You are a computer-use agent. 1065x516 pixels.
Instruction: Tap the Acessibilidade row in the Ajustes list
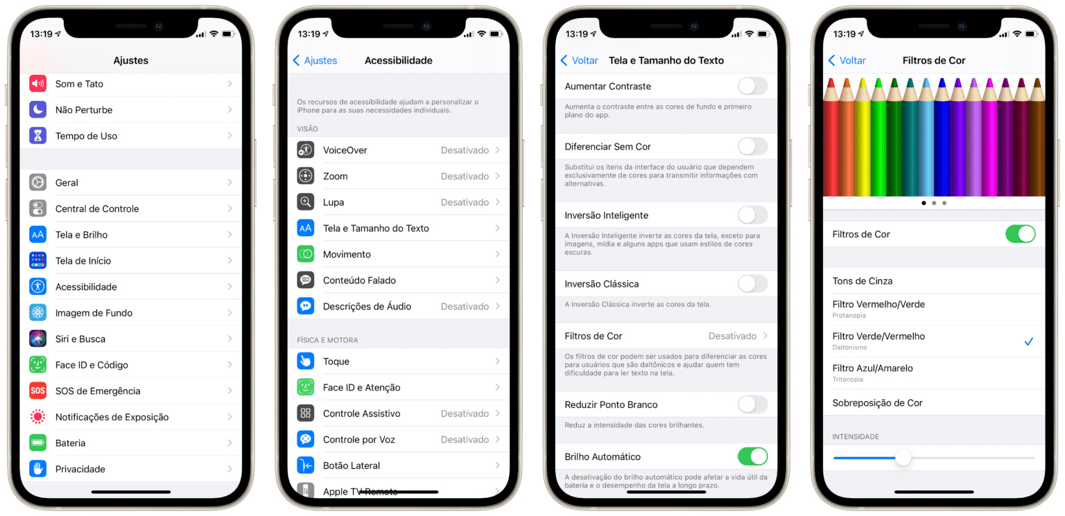86,287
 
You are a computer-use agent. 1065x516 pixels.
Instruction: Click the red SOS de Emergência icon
37,391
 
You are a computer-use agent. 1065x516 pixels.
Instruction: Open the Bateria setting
71,443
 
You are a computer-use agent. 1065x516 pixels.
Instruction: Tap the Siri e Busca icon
37,339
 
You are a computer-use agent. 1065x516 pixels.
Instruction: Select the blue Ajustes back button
315,60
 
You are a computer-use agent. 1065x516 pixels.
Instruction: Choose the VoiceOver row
399,150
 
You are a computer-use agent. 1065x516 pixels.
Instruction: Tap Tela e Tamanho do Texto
399,228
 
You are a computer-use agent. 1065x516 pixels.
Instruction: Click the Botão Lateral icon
305,465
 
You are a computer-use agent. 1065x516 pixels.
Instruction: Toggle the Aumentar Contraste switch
752,87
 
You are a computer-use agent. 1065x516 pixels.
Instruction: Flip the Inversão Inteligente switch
752,215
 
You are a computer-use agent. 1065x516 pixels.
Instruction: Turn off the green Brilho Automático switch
752,456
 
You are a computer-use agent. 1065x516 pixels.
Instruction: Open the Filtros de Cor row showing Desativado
666,336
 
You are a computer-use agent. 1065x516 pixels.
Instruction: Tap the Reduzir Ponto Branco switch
752,404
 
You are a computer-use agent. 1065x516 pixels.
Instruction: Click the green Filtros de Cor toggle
1019,234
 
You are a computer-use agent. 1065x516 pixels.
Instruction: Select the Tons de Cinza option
863,281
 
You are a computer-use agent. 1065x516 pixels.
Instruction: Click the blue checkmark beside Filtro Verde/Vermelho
1028,341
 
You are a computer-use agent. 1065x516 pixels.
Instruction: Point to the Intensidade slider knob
903,458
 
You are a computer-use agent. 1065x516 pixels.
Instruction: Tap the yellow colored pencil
862,139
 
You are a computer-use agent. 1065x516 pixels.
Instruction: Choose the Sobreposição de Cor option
878,403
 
